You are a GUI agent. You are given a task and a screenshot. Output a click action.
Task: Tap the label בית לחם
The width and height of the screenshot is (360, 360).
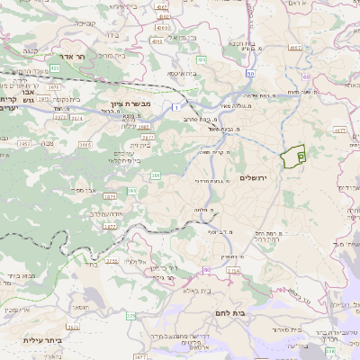point(232,311)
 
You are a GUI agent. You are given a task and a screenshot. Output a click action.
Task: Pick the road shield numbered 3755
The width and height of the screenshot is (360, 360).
point(112,261)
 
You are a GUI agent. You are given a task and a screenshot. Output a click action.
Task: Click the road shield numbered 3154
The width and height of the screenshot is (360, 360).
point(233,269)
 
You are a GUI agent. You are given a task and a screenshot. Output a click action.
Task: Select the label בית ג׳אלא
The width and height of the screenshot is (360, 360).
point(196,291)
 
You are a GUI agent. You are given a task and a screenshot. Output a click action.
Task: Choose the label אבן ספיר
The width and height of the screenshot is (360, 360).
point(85,191)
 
